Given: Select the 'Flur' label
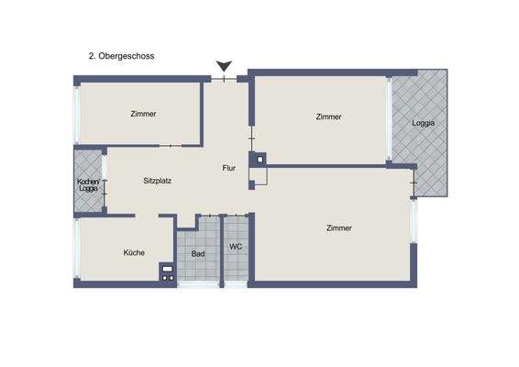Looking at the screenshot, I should click(229, 168).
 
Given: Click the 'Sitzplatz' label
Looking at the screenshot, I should click(158, 181).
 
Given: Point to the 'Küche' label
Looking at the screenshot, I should click(134, 252).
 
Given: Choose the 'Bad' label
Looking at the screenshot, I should click(197, 254).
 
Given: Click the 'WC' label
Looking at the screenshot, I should click(236, 247).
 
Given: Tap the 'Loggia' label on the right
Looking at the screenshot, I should click(423, 123).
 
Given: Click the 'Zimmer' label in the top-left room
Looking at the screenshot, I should click(143, 115).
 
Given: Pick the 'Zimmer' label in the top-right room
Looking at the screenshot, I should click(328, 117).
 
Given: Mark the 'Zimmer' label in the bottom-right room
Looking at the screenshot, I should click(339, 228).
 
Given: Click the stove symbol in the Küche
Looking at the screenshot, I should click(167, 271).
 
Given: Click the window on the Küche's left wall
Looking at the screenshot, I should click(77, 250).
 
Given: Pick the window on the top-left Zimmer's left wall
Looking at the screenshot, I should click(77, 116).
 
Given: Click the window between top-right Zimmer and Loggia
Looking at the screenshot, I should click(391, 119).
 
